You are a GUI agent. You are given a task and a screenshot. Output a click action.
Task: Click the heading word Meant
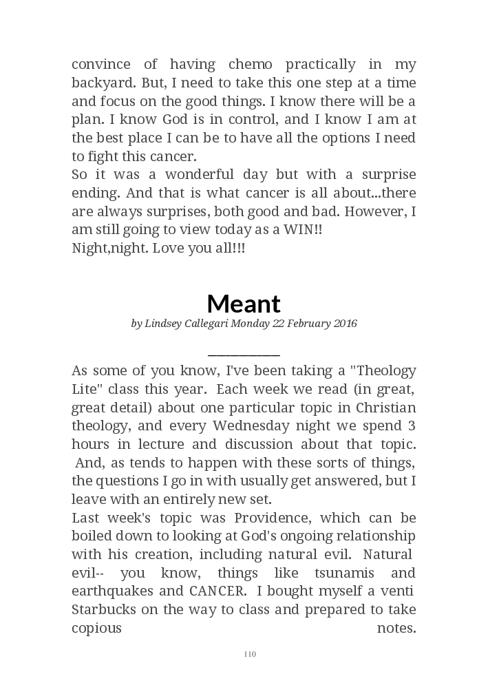244,303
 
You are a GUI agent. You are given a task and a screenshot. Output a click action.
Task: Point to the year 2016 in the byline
343,324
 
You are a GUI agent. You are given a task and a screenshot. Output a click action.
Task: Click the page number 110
250,654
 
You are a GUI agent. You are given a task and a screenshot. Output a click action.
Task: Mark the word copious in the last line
96,628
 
